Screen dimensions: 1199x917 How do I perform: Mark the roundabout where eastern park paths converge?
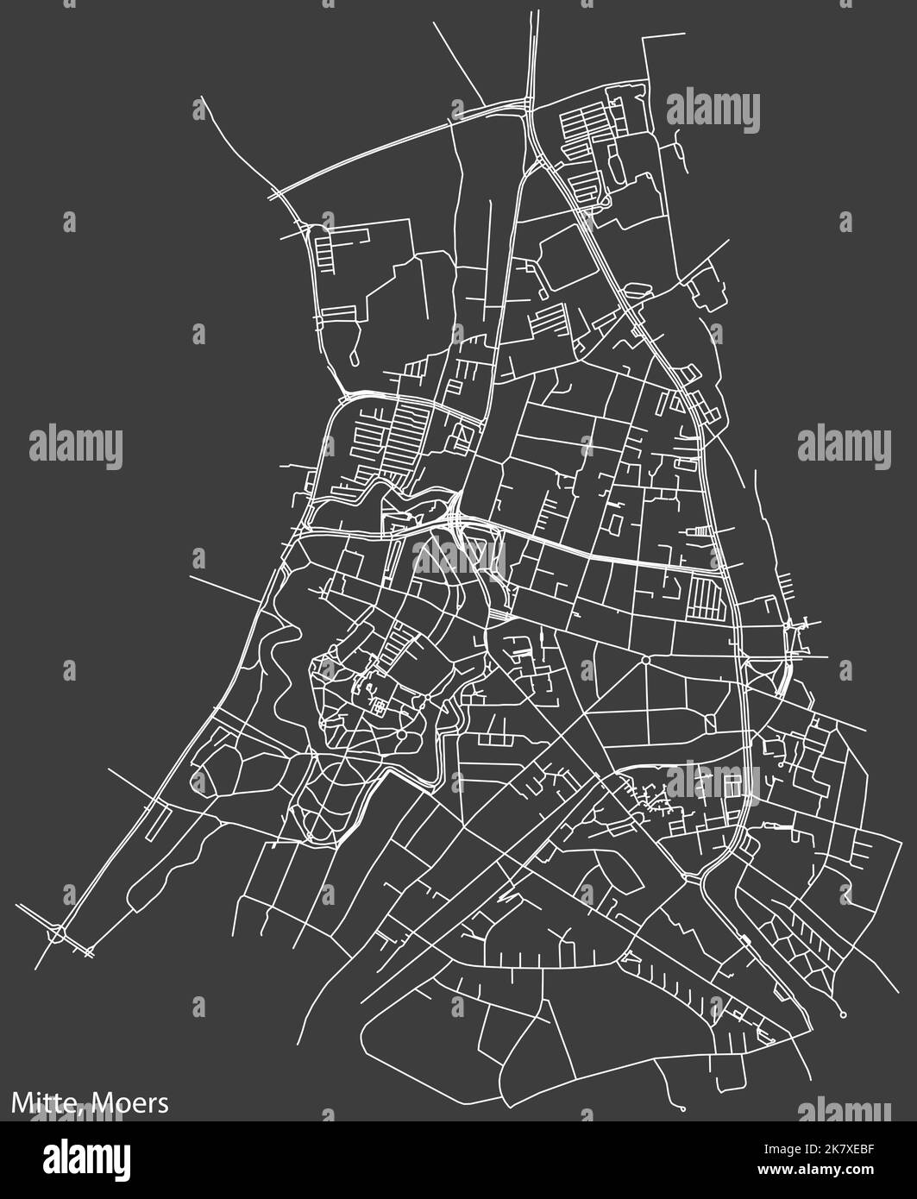click(645, 661)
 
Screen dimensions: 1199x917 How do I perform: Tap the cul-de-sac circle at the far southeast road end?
click(843, 1013)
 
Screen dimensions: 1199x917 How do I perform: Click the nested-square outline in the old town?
click(380, 707)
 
